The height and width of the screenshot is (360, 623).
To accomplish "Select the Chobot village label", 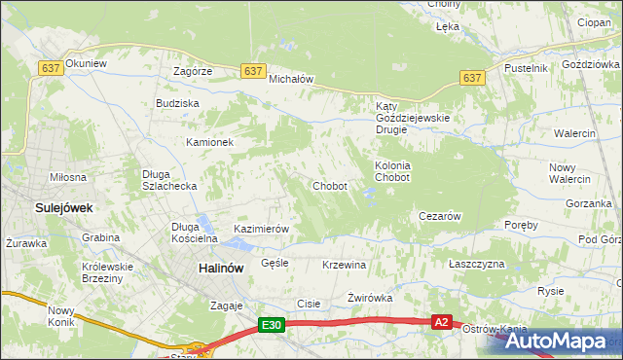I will point(330,186).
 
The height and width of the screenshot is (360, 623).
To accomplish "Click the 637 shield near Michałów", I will point(253,71).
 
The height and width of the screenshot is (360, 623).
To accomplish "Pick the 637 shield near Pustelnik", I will point(472,78).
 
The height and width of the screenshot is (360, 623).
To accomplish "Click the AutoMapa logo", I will point(555,341).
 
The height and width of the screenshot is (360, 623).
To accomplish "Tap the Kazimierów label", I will point(262,230).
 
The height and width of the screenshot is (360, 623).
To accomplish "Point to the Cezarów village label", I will point(439,216).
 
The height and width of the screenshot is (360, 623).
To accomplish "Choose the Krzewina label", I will point(344,265).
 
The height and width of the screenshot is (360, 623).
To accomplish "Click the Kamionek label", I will point(210,142).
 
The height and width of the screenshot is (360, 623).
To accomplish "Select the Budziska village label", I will point(177,103).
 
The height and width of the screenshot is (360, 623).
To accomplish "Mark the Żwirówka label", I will point(369,298).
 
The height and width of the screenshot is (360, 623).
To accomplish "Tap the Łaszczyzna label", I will point(477,265).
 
